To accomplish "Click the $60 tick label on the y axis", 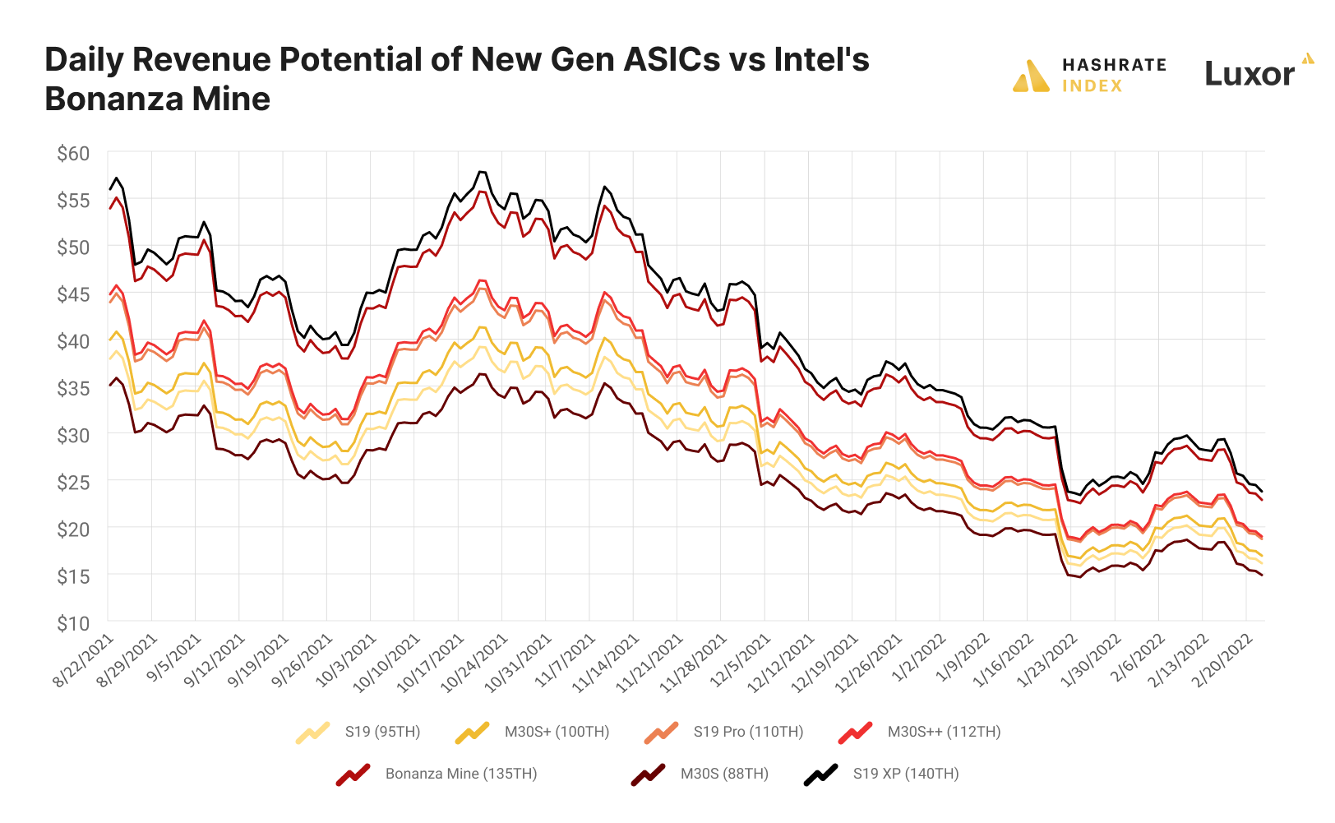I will tap(73, 154).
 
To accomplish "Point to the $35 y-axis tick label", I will tap(73, 388).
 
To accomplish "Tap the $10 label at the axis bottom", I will tap(73, 623).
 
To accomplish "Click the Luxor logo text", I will tap(1250, 75).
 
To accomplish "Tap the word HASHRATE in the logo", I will tap(1114, 65).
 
